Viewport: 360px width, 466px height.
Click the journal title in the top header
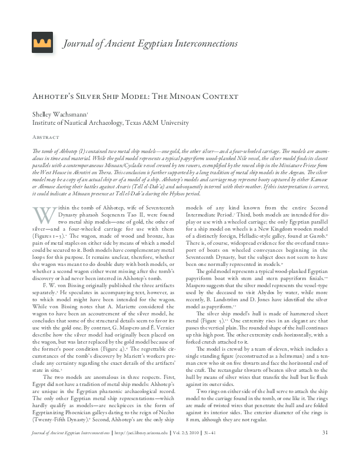tap(150, 44)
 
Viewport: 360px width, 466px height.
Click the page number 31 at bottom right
tap(324, 450)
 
